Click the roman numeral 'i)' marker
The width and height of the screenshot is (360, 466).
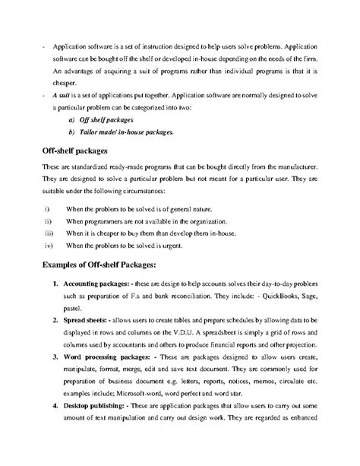coord(47,208)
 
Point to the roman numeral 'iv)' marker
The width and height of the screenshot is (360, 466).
coord(49,246)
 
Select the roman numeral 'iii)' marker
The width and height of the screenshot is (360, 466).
coord(49,233)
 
